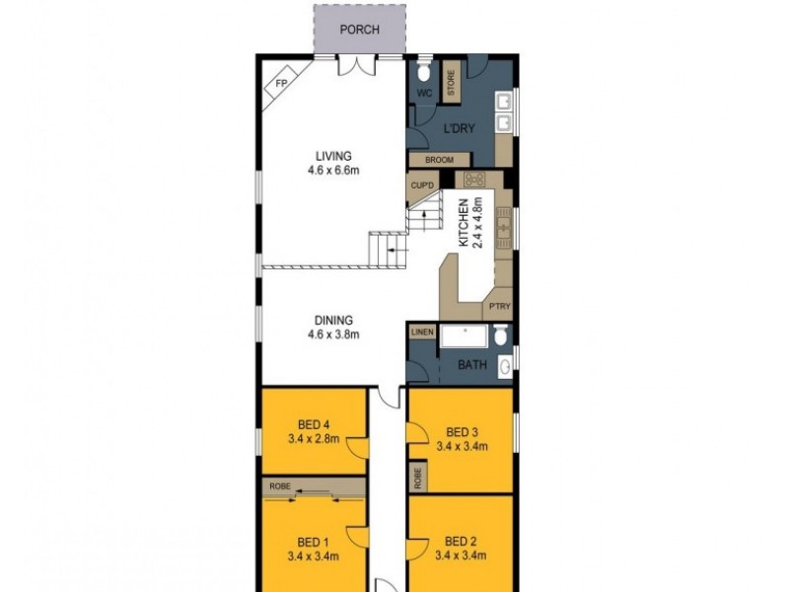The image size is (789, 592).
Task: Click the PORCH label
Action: click(359, 30)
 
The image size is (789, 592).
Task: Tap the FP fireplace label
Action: click(280, 83)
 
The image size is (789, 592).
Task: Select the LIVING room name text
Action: click(333, 156)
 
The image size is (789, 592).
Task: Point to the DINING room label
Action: click(333, 319)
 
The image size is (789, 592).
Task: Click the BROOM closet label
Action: click(439, 160)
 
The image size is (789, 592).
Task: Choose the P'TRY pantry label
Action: click(498, 308)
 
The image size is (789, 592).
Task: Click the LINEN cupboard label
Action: click(421, 333)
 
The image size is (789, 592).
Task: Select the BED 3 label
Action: click(462, 431)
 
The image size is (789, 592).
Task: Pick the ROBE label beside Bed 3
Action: click(419, 479)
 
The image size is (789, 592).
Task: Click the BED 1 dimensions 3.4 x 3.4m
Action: click(313, 555)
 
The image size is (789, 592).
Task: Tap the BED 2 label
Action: click(461, 540)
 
